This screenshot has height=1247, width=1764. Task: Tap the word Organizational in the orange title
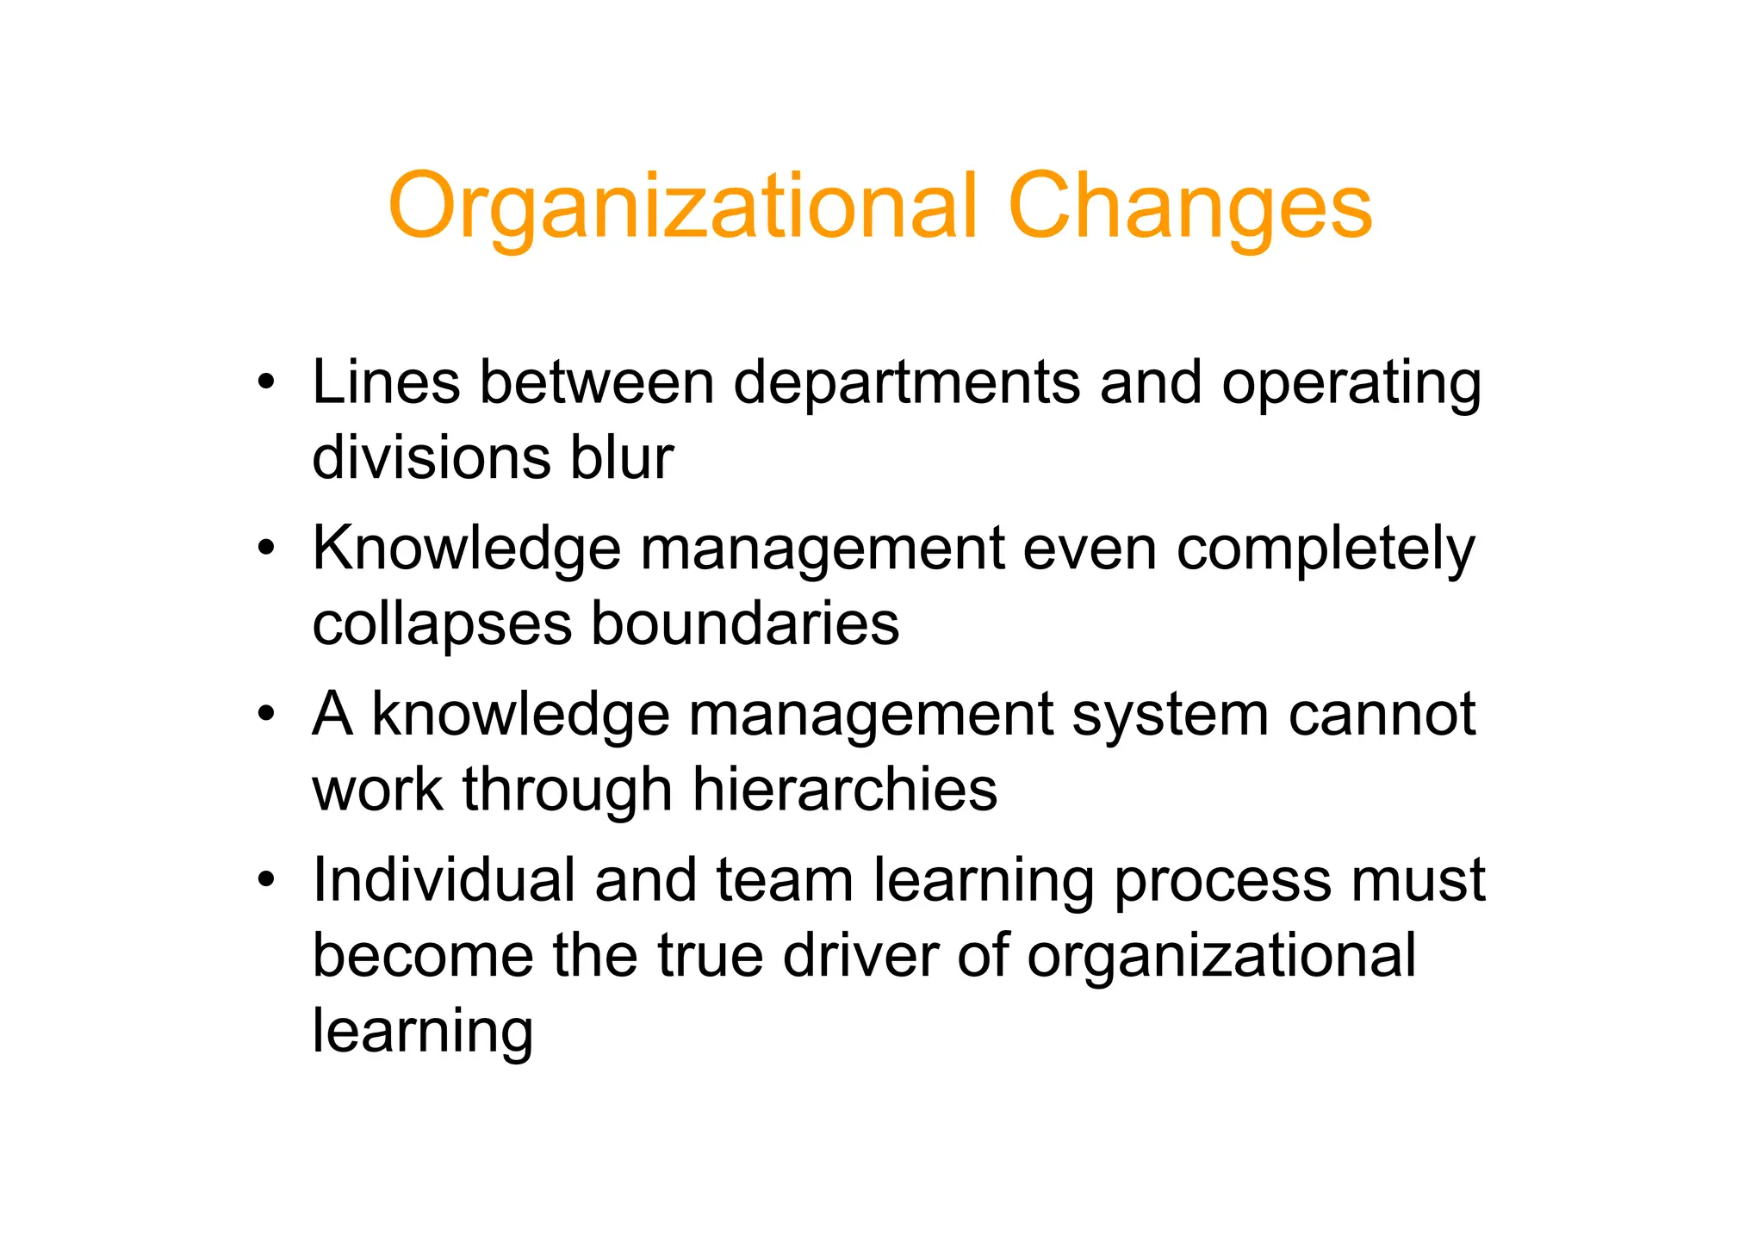[683, 207]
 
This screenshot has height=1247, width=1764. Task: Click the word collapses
[442, 623]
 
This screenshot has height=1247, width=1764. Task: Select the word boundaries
[745, 623]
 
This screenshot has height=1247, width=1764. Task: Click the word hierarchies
[845, 789]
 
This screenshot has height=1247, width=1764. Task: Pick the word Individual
[444, 880]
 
